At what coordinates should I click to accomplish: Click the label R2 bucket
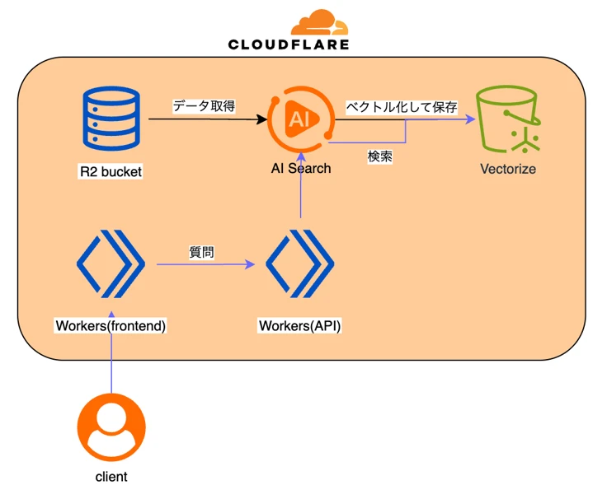tap(110, 173)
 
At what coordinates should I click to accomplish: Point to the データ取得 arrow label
tap(204, 106)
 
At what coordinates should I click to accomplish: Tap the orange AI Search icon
tap(299, 120)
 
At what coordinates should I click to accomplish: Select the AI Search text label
tap(301, 168)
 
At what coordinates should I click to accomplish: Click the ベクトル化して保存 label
tap(401, 107)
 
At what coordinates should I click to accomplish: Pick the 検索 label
tap(379, 156)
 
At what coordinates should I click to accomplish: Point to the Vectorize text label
tap(508, 169)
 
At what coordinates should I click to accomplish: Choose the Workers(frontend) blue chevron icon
tap(111, 264)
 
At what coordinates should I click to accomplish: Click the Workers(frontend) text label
tap(111, 325)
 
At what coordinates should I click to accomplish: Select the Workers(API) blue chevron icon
tap(300, 264)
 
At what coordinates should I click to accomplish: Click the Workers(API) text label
tap(300, 325)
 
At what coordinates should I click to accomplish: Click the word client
tap(111, 477)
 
